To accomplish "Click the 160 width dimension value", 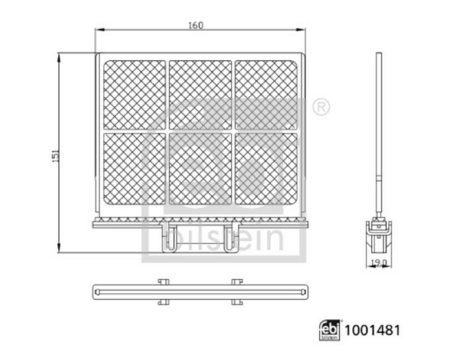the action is tap(196, 25).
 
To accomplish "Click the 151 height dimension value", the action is tap(56, 156).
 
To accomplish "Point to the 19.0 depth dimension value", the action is tap(379, 263).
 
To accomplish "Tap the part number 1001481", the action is tap(372, 330).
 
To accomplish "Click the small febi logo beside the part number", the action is tap(330, 330).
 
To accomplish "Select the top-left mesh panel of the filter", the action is tap(135, 95).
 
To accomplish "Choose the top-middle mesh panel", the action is tap(200, 95).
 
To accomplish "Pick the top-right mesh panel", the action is tap(266, 95).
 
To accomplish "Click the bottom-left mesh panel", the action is tap(135, 169).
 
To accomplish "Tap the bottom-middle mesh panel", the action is tap(200, 169).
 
